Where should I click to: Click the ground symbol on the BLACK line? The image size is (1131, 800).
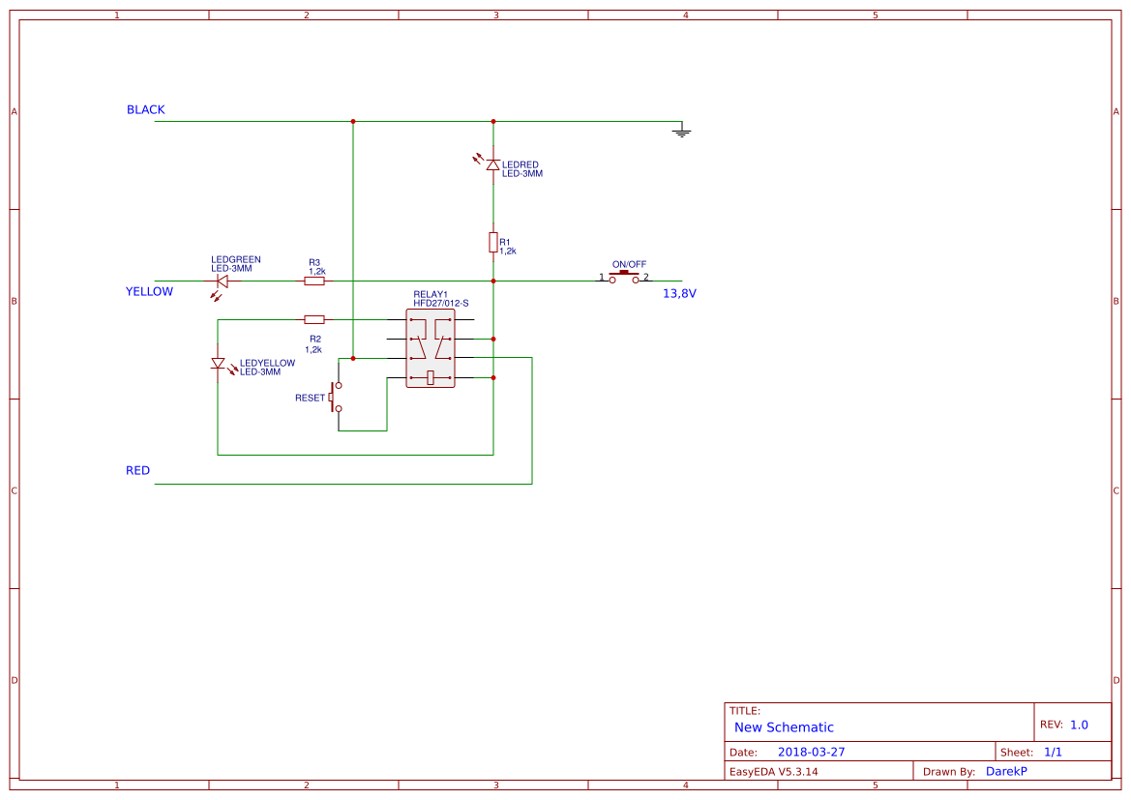click(682, 131)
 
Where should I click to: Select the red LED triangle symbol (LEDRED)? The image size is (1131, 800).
click(492, 164)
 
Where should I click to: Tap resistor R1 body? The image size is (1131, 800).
click(492, 242)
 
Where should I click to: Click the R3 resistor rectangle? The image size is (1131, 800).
click(314, 281)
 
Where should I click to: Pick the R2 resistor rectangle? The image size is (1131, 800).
click(314, 319)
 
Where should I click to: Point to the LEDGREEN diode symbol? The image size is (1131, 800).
click(222, 281)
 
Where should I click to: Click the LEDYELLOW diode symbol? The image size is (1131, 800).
click(218, 364)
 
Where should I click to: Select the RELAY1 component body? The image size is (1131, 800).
click(431, 348)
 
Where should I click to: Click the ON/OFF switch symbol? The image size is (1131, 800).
click(624, 277)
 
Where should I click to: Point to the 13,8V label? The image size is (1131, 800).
click(679, 293)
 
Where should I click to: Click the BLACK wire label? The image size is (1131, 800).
click(146, 110)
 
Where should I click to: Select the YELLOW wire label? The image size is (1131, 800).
click(149, 292)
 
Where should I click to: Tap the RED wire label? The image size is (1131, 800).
click(137, 471)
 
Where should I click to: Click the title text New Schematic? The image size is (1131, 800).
click(784, 727)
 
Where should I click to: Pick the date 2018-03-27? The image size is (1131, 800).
click(811, 752)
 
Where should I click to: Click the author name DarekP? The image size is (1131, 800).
click(1006, 771)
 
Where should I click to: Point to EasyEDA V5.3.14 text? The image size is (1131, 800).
click(773, 771)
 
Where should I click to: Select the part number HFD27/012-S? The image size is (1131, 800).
click(440, 304)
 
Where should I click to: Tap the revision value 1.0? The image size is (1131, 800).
click(1079, 725)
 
